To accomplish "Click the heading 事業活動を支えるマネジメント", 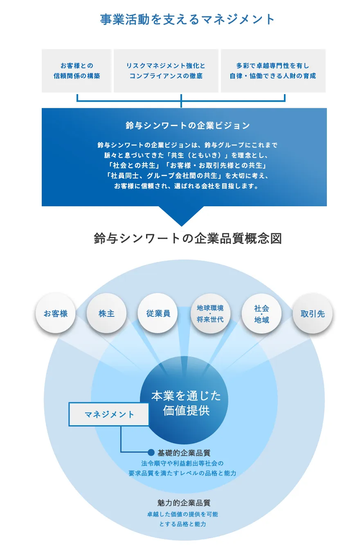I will point(187,20).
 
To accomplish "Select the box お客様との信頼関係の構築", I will point(77,71).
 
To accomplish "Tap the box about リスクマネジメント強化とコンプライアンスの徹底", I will point(166,71).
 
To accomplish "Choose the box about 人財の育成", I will point(273,71).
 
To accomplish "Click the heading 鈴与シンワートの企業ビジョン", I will point(188,126).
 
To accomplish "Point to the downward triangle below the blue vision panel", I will point(181,215).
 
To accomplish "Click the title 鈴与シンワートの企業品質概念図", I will point(188,239).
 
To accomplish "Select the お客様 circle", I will point(56,314).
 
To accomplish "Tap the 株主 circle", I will point(106,314).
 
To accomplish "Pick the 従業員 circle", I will point(158,314).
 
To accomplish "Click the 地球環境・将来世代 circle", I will point(210,314).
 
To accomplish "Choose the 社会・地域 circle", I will point(262,314).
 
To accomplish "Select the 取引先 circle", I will point(313,314).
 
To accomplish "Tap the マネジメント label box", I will point(109,415).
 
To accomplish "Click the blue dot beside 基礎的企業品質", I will point(151,452).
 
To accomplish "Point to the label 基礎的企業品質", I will point(184,453).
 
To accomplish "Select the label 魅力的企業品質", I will point(184,503).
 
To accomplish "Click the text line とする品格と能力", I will point(182,524).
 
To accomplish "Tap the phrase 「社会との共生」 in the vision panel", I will point(132,166).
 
